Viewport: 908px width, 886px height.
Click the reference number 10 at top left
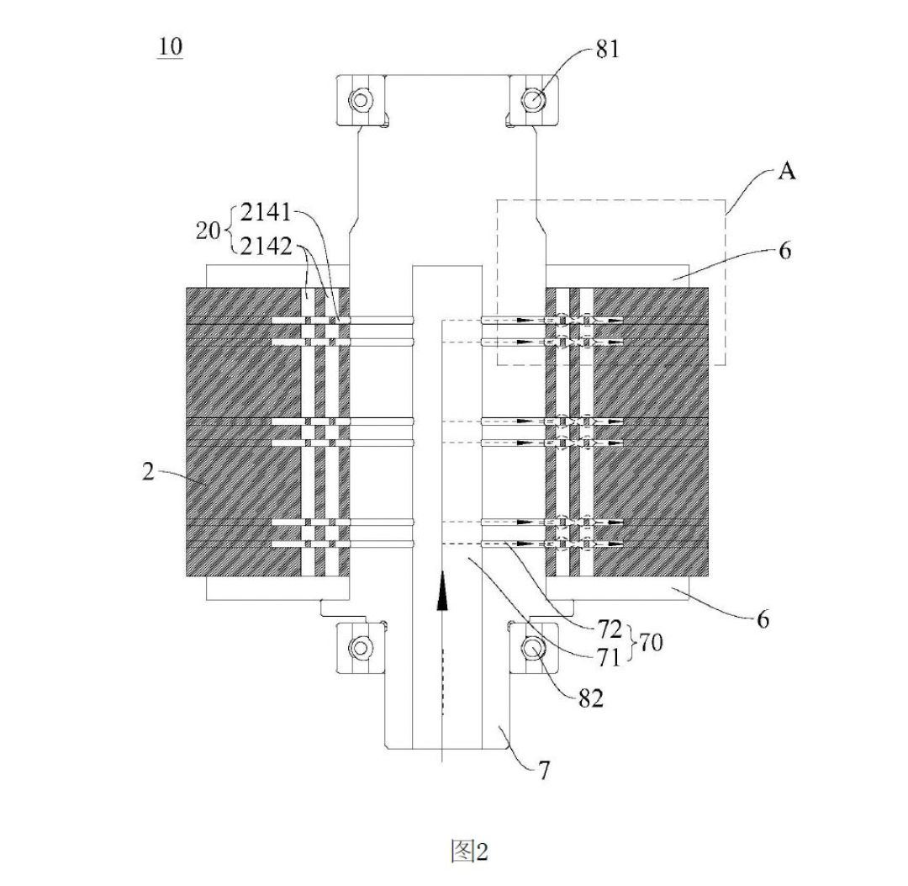point(170,46)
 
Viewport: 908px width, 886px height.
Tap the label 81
point(608,50)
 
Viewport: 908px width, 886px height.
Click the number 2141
point(266,213)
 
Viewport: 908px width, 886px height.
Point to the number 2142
point(267,247)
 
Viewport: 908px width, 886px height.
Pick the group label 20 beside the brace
point(209,231)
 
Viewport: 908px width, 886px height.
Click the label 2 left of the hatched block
point(149,472)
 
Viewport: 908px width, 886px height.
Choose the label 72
point(609,629)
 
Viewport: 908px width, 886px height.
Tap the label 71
point(608,657)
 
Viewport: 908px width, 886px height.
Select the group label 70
point(650,642)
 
